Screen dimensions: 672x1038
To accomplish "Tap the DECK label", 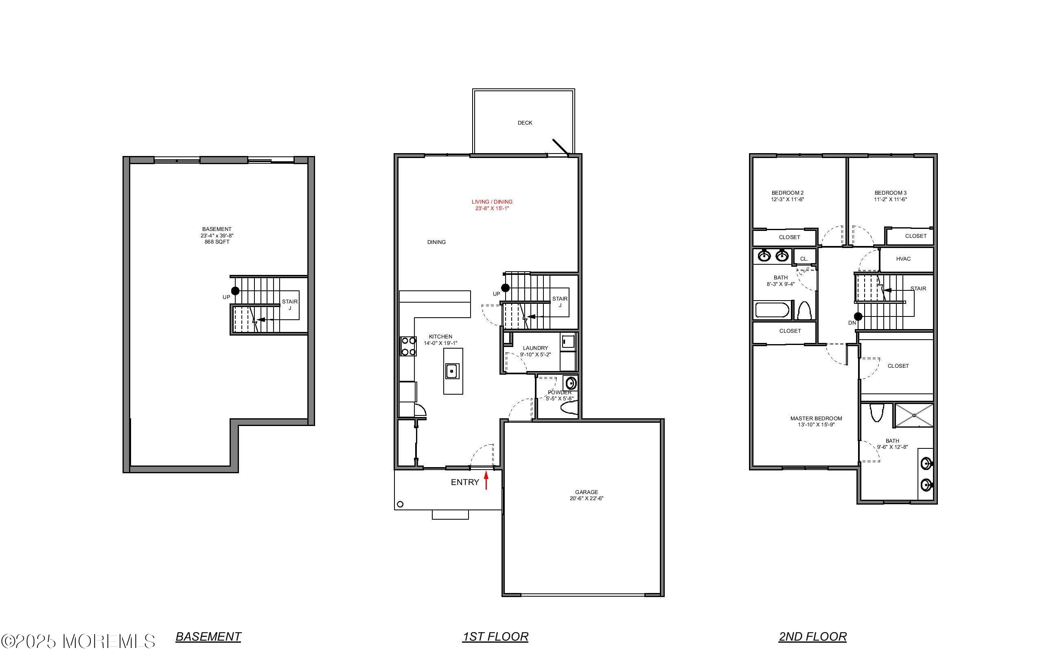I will [x=525, y=123].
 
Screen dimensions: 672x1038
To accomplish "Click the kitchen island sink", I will [x=452, y=371].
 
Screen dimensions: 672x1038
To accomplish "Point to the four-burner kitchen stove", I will [x=408, y=346].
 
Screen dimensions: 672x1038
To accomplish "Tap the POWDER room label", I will [x=560, y=393].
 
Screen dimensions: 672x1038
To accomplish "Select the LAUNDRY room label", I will [x=535, y=348].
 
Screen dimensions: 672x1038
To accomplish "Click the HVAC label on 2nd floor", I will [x=903, y=259].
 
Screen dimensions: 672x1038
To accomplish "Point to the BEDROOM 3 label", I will [x=890, y=193].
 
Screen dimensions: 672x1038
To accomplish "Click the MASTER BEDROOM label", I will [x=816, y=419].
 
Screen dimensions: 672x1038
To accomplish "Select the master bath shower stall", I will [x=914, y=415].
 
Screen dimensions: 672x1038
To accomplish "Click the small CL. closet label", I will [x=804, y=259].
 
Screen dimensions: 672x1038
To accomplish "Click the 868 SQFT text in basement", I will [x=217, y=242].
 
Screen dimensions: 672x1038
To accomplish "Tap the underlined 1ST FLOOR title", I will [x=495, y=637].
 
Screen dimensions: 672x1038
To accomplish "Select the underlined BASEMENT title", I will [x=208, y=637].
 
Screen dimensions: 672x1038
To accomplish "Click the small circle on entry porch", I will [x=400, y=504].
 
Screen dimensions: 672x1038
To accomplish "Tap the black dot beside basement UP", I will [x=235, y=291].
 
